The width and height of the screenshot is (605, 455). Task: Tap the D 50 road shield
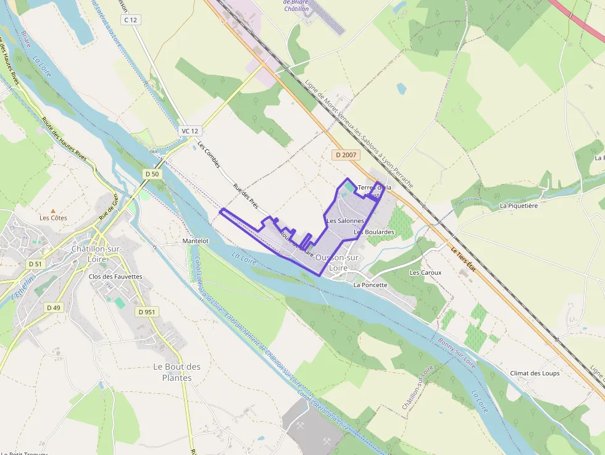[152, 174]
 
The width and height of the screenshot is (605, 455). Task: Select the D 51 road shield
[35, 264]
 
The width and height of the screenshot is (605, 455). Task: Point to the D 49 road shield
[54, 307]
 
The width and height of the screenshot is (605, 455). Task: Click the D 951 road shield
[147, 312]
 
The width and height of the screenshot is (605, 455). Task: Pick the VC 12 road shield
[190, 131]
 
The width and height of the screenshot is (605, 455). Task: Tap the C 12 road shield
[130, 20]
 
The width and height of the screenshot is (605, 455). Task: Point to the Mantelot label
[196, 241]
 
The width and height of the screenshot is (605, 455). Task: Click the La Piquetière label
[519, 206]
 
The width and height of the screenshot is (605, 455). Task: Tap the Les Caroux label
[425, 272]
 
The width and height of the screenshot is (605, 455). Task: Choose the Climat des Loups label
[535, 374]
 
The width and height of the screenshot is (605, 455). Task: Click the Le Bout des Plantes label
[177, 372]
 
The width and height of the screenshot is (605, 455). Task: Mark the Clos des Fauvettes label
[115, 277]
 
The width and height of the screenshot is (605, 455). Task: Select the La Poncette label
[370, 285]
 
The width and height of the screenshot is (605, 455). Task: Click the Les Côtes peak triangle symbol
[52, 211]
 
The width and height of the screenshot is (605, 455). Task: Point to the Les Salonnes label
[345, 220]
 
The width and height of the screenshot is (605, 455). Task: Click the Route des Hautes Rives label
[68, 143]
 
